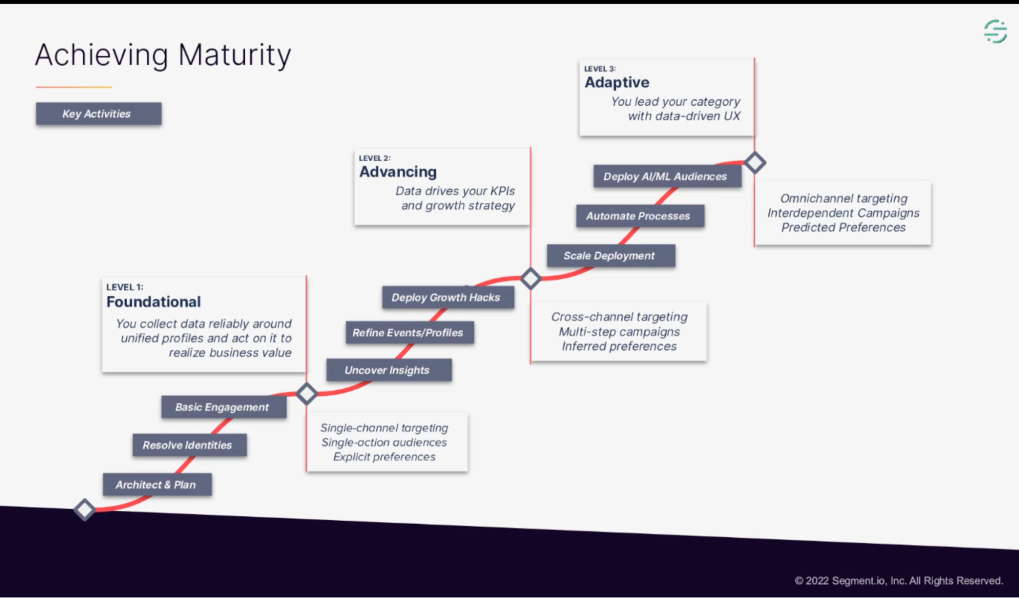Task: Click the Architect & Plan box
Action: pyautogui.click(x=157, y=485)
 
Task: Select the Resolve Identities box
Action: pyautogui.click(x=189, y=445)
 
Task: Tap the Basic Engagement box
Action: pyautogui.click(x=223, y=407)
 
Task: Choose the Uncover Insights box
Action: pyautogui.click(x=388, y=370)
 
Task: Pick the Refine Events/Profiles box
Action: pyautogui.click(x=409, y=333)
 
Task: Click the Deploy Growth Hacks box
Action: pyautogui.click(x=448, y=297)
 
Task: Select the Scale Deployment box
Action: pyautogui.click(x=611, y=256)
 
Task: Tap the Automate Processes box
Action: pyautogui.click(x=640, y=216)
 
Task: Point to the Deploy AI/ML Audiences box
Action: pyautogui.click(x=667, y=176)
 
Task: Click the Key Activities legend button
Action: pyautogui.click(x=98, y=114)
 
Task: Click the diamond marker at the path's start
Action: pyautogui.click(x=85, y=509)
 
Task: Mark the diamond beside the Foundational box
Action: pyautogui.click(x=306, y=394)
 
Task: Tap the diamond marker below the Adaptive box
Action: pyautogui.click(x=755, y=163)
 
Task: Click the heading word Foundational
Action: pyautogui.click(x=153, y=302)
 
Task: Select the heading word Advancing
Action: pyautogui.click(x=398, y=172)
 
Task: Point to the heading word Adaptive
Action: pyautogui.click(x=617, y=82)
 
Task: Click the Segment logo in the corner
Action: pyautogui.click(x=995, y=32)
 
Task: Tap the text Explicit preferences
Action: pyautogui.click(x=384, y=457)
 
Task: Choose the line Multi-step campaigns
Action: pyautogui.click(x=619, y=332)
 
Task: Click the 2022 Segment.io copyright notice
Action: pyautogui.click(x=898, y=581)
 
